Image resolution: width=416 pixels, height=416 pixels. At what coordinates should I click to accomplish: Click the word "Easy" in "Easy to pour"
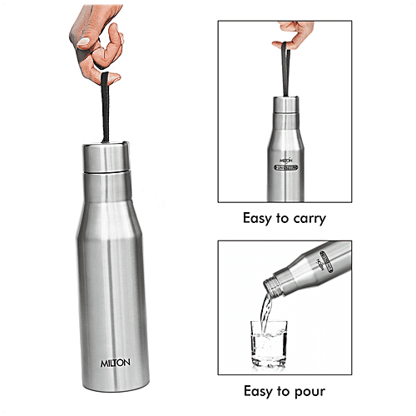pyautogui.click(x=259, y=390)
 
